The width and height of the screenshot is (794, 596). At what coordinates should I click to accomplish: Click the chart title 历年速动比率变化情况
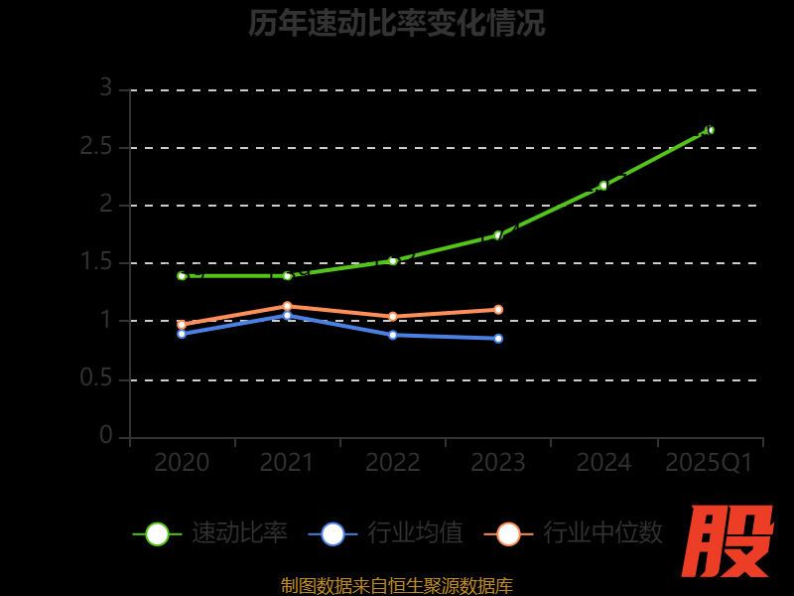coord(397,23)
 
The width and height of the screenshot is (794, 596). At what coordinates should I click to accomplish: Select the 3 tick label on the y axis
coord(105,88)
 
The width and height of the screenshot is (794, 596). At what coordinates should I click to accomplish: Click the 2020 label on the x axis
coord(182,462)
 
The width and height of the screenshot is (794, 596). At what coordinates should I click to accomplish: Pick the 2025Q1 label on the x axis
coord(709,462)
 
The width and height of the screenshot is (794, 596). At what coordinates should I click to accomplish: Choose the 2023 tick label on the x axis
coord(497,462)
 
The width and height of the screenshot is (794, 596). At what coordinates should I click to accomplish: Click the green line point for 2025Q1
coord(710,129)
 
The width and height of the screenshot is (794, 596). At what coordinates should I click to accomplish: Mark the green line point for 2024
coord(603,186)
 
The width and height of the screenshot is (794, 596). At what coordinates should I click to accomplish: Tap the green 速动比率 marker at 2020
coord(182,275)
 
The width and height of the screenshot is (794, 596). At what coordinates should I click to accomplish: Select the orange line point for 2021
coord(287,306)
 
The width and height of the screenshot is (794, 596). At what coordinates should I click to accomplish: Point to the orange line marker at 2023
coord(498,309)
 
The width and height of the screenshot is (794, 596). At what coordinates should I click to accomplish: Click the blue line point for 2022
coord(392,335)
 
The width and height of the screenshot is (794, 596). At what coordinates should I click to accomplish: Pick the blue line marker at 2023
coord(498,339)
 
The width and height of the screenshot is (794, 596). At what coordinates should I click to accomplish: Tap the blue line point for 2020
coord(182,334)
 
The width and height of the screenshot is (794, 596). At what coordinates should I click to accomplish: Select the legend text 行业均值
coord(415,533)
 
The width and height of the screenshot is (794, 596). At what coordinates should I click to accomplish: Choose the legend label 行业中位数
coord(602,533)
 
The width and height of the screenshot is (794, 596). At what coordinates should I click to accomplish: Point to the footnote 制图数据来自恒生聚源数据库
coord(397,586)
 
